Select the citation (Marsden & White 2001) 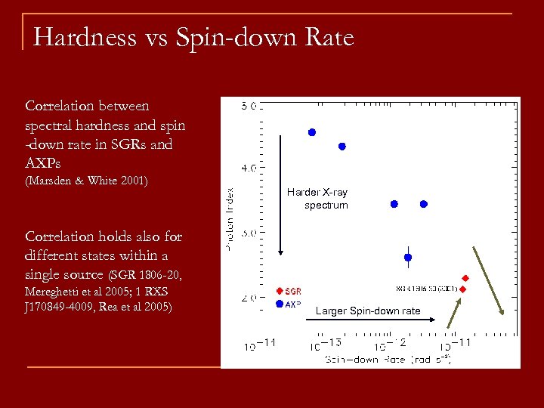(86, 181)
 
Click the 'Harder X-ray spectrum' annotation (317, 199)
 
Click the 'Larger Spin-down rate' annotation (367, 311)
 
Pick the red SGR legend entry (289, 291)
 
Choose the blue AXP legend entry (289, 304)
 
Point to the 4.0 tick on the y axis (250, 166)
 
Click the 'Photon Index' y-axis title (229, 219)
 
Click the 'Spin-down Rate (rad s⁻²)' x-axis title (388, 360)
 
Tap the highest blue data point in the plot (311, 132)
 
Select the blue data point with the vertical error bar (408, 257)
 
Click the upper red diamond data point (465, 278)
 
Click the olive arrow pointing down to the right (488, 280)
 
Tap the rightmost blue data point (424, 204)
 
